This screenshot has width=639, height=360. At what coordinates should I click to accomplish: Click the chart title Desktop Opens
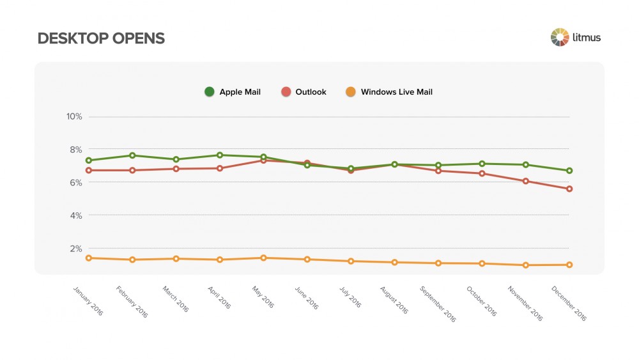point(101,38)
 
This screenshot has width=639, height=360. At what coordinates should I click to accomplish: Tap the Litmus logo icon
point(559,37)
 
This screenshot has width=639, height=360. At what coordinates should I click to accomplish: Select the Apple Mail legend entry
point(233,92)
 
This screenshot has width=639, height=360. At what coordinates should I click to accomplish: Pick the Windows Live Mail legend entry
point(389,92)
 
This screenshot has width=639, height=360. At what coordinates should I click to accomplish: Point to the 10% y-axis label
point(74,116)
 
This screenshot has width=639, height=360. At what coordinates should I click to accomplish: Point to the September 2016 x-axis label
point(437,303)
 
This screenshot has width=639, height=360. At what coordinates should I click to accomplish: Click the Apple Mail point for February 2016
point(132,155)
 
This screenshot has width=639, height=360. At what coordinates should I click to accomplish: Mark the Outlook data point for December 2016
point(569,189)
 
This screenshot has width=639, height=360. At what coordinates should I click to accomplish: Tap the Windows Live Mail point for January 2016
point(89,258)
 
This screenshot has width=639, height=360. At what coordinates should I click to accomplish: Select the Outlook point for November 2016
point(526,181)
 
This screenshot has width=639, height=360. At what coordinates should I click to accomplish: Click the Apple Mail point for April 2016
point(220,155)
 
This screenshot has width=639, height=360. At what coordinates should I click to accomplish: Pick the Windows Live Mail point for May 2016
point(263,258)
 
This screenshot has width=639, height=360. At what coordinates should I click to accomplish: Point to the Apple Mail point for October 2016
point(482,164)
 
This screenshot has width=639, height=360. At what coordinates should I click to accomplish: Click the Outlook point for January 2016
point(89,170)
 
